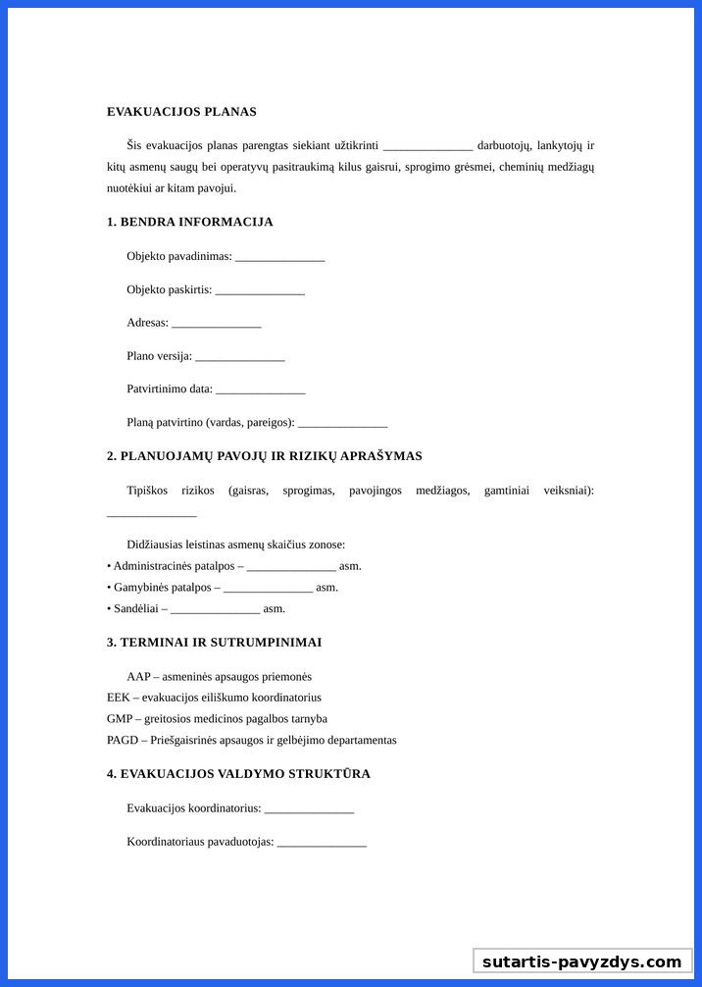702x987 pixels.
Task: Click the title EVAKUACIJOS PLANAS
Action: [181, 112]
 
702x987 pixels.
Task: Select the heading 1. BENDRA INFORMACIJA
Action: [189, 222]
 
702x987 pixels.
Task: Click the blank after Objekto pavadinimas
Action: [279, 257]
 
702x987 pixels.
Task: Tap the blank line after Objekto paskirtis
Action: [260, 290]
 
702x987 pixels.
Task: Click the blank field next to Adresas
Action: [216, 323]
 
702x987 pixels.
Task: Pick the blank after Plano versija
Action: [239, 356]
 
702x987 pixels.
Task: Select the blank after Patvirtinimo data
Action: [260, 390]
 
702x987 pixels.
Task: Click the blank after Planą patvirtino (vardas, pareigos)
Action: [342, 423]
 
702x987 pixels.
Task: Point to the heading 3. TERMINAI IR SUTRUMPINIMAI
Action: [214, 643]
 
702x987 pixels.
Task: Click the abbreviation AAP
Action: [138, 677]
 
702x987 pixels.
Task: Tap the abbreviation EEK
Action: [118, 698]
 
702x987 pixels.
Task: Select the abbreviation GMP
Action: [119, 719]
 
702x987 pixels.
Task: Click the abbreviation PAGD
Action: [123, 740]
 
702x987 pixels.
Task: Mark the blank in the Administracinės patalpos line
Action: [291, 567]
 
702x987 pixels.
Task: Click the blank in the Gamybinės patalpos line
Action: [268, 588]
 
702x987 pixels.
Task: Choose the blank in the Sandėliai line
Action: [215, 609]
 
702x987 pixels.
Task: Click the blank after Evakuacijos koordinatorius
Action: [309, 809]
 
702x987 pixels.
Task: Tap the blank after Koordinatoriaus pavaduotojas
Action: [322, 843]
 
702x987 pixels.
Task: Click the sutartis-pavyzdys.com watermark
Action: [581, 961]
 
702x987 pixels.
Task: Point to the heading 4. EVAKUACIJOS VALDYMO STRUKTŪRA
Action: [238, 774]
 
